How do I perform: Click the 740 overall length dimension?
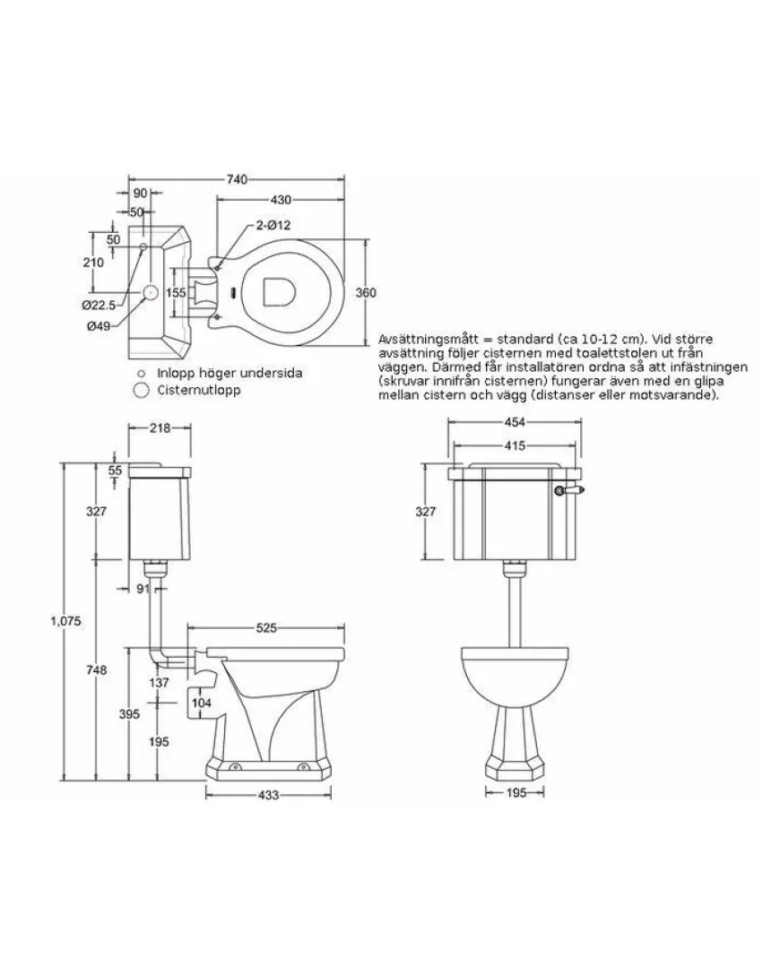tap(237, 180)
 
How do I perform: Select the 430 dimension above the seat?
tap(281, 200)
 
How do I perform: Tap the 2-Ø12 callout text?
tap(273, 225)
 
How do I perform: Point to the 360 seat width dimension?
tap(365, 292)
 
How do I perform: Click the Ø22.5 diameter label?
tap(100, 305)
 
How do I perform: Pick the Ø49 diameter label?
tap(99, 326)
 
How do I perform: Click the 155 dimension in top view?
tap(177, 292)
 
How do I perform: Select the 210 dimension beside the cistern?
tap(93, 263)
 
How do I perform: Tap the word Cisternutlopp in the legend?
tap(199, 391)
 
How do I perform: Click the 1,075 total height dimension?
tap(66, 620)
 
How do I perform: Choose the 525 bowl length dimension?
tap(266, 628)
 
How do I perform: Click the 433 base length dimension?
tap(268, 795)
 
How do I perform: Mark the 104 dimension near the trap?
tap(202, 703)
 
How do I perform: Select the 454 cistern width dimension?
tap(515, 423)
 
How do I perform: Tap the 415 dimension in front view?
tap(515, 445)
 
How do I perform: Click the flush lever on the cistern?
tap(568, 490)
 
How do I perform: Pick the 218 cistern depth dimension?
tap(160, 427)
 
